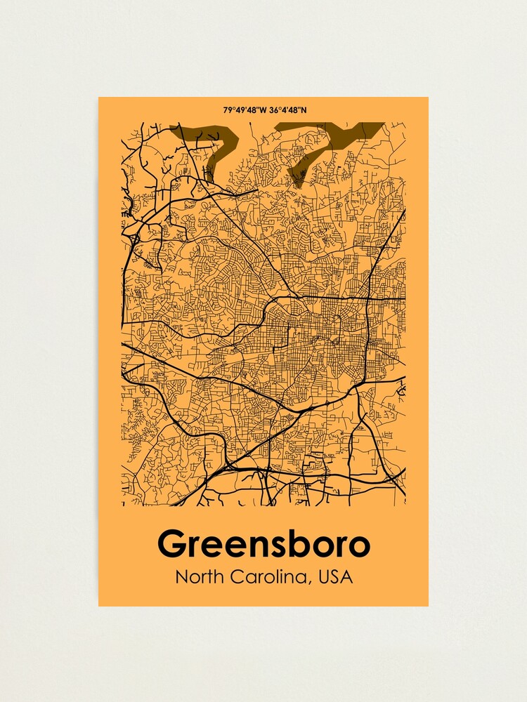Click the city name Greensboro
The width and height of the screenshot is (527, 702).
263,544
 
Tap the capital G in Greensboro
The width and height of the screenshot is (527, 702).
171,544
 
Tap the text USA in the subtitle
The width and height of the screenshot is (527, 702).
335,578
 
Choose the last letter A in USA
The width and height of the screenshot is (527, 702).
347,578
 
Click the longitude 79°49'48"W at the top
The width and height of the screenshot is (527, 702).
242,110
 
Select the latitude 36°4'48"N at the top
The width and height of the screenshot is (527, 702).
286,110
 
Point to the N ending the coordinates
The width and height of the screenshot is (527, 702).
304,110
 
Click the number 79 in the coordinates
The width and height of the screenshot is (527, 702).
227,110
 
